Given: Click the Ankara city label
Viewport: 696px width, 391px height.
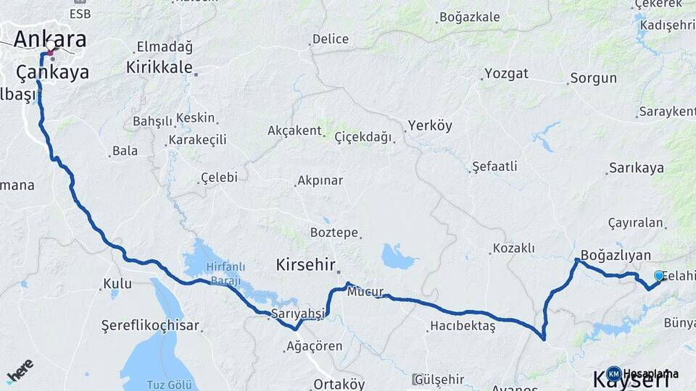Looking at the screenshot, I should point(49,39).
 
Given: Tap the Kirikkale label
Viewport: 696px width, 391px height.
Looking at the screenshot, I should point(159,67).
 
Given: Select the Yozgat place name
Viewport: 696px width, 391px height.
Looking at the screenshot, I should point(506,74).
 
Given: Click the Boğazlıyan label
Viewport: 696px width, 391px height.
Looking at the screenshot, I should point(616,256).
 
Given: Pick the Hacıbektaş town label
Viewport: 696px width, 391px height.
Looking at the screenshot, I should point(463,326).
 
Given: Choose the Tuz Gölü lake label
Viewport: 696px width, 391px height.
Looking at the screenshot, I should point(157,383).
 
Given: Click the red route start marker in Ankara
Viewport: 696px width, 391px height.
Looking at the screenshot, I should point(49,53).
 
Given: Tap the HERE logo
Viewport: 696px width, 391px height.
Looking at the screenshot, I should point(20,370).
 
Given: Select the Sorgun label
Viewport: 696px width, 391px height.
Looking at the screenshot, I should point(593,78).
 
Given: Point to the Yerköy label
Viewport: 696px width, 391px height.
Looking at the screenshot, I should point(430,125).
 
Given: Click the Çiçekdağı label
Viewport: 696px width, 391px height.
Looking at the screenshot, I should point(363,137).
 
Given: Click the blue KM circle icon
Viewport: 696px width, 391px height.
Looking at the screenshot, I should point(613,374).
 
